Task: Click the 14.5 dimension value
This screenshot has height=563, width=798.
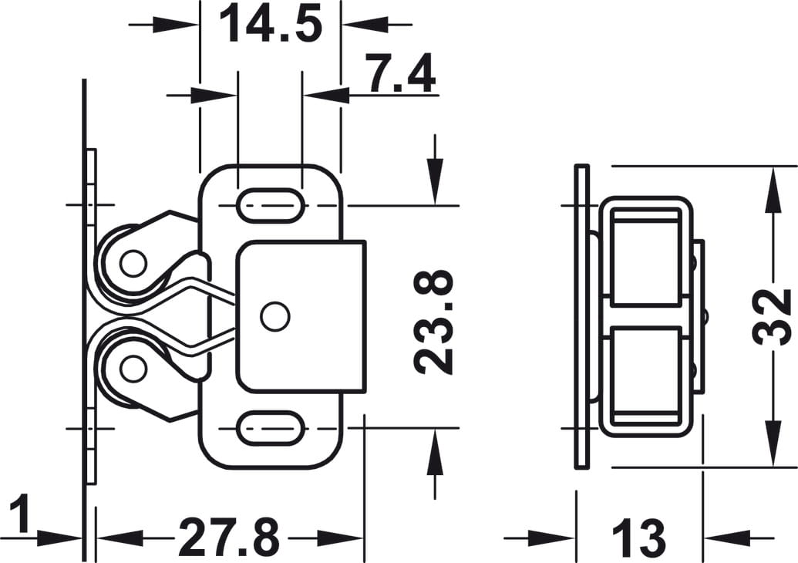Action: click(270, 25)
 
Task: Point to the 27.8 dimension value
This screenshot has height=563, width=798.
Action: click(228, 538)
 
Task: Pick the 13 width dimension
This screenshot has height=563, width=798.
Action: click(638, 538)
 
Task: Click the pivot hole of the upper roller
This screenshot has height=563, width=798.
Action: click(133, 264)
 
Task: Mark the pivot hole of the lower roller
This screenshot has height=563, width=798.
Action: click(133, 369)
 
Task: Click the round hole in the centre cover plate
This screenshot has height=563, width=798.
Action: click(274, 317)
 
